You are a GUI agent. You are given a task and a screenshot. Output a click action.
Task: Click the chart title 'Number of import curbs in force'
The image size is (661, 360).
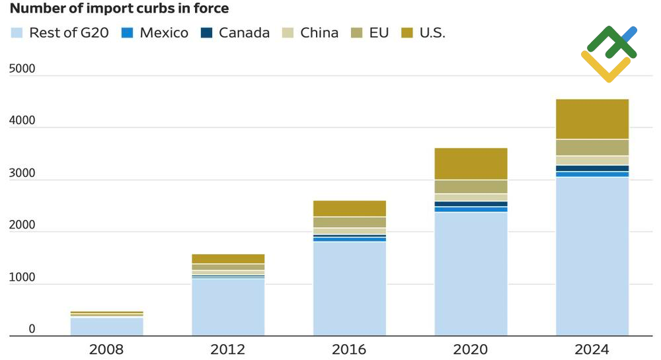(119, 9)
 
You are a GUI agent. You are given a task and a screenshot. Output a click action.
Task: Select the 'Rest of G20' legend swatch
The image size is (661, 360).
(18, 33)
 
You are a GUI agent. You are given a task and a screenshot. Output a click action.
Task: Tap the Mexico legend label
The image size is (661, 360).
(164, 33)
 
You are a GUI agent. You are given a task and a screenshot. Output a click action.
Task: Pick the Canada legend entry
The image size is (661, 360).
(244, 33)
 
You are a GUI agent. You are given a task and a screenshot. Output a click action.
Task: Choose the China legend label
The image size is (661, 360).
(319, 33)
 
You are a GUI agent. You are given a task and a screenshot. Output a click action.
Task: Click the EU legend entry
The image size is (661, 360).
(379, 33)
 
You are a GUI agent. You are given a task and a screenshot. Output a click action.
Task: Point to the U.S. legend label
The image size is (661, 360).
(432, 33)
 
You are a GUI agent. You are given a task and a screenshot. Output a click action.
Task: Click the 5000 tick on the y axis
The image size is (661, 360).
(22, 69)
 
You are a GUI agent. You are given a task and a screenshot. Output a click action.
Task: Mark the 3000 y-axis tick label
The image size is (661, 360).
(22, 173)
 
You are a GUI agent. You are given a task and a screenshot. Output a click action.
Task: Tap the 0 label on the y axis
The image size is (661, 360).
(32, 329)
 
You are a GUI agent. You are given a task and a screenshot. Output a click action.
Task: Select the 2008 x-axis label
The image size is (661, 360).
(106, 349)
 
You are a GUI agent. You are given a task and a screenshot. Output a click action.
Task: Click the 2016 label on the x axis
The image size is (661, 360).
(349, 349)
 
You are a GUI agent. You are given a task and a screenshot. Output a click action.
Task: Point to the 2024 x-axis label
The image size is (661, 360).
(592, 349)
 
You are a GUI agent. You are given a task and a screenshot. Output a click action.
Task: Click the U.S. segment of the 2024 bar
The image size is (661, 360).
(592, 119)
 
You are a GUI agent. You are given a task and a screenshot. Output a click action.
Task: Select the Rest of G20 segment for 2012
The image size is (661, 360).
(228, 307)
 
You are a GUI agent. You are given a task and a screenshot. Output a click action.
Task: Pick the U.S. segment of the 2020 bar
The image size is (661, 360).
(471, 164)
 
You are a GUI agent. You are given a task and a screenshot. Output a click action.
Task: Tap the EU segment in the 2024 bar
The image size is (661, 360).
(592, 147)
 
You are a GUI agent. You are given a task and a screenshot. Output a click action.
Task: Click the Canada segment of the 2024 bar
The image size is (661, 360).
(592, 168)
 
